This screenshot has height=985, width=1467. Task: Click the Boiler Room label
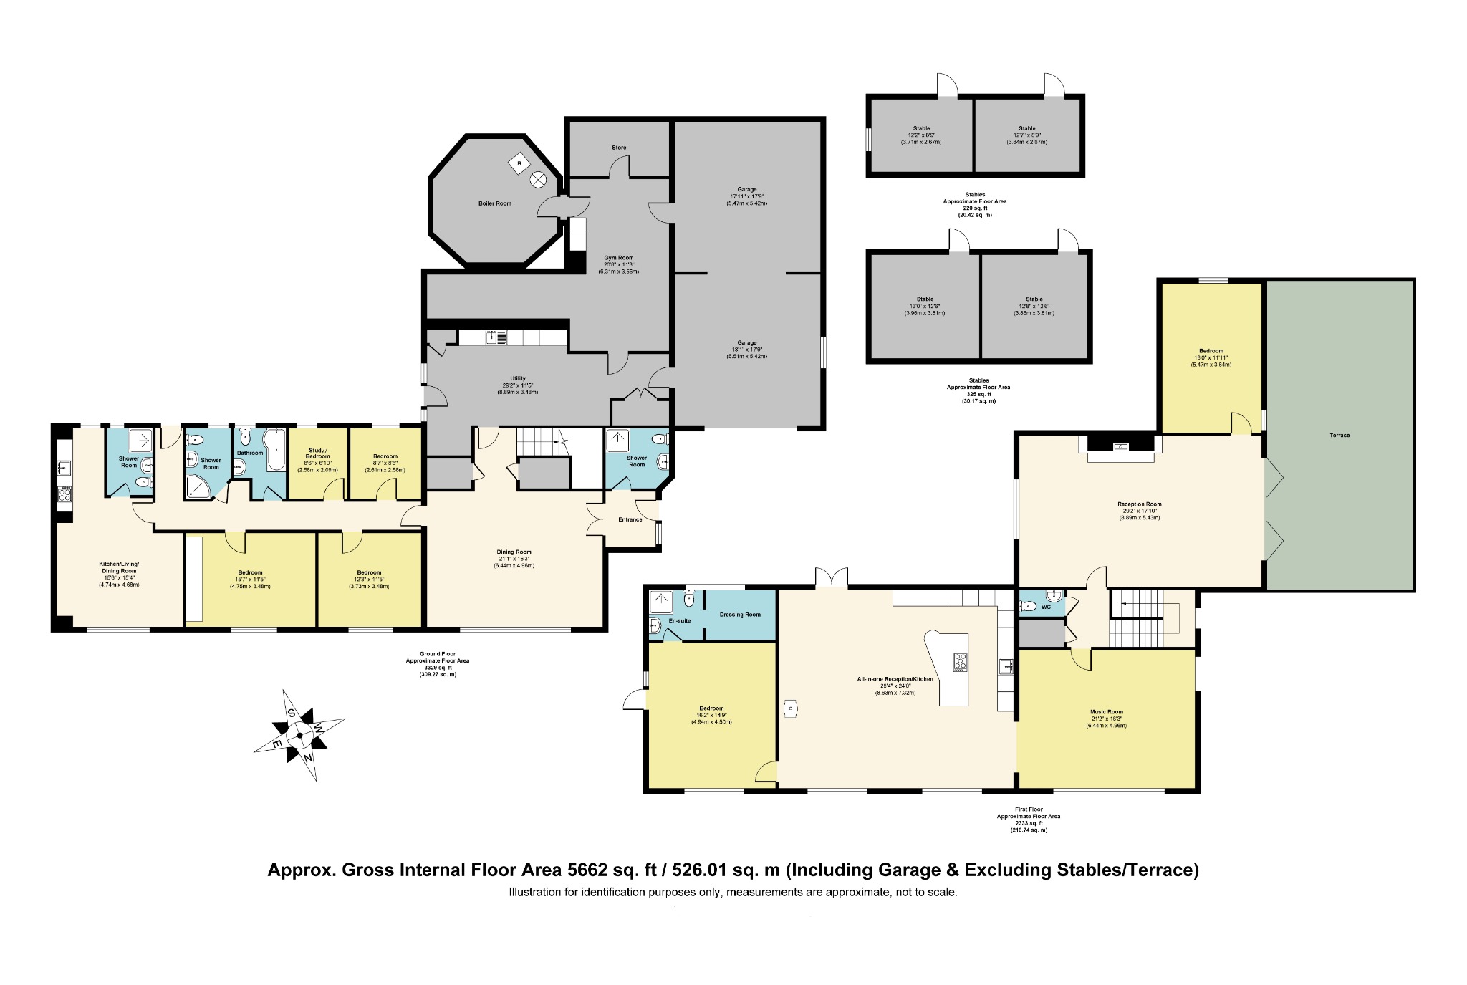pyautogui.click(x=495, y=203)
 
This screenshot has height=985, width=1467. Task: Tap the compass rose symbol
pyautogui.click(x=299, y=736)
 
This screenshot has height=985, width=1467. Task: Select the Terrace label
pyautogui.click(x=1339, y=436)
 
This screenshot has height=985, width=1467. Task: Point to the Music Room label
pyautogui.click(x=1107, y=712)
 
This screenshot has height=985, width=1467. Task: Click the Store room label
pyautogui.click(x=619, y=148)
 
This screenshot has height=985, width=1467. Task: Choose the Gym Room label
pyautogui.click(x=619, y=258)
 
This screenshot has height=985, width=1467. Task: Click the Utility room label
pyautogui.click(x=518, y=378)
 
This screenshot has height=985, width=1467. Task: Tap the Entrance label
pyautogui.click(x=630, y=519)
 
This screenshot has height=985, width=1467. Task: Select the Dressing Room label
pyautogui.click(x=740, y=615)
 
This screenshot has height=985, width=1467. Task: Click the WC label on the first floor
pyautogui.click(x=1046, y=607)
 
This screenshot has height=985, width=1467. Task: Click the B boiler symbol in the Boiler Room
pyautogui.click(x=518, y=164)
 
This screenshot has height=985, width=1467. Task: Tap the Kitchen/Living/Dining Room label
pyautogui.click(x=119, y=567)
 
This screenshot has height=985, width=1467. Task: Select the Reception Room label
pyautogui.click(x=1140, y=504)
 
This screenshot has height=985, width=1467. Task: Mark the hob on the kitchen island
pyautogui.click(x=960, y=662)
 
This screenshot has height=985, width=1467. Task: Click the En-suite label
pyautogui.click(x=679, y=620)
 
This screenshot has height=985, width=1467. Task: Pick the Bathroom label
pyautogui.click(x=250, y=453)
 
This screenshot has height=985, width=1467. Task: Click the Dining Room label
pyautogui.click(x=514, y=552)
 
